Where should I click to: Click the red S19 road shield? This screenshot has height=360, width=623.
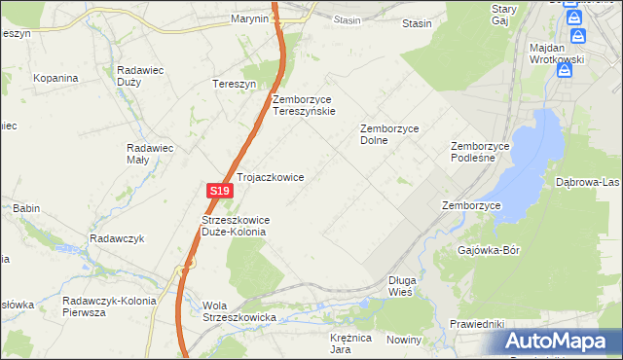coord(219,192)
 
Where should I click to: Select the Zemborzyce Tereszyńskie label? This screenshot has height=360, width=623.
coord(304,105)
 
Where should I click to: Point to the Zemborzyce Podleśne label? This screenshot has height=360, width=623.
coord(480,153)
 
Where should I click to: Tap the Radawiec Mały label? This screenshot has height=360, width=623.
coord(150,155)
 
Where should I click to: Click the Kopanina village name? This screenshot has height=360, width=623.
coord(55,77)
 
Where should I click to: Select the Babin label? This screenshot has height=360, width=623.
coord(26,208)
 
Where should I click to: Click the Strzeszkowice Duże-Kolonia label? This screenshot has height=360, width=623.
coord(235,227)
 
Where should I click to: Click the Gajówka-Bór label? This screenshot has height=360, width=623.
coord(489,250)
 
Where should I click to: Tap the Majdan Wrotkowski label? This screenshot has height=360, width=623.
coord(556,54)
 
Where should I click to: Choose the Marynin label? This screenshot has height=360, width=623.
coord(249,18)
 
